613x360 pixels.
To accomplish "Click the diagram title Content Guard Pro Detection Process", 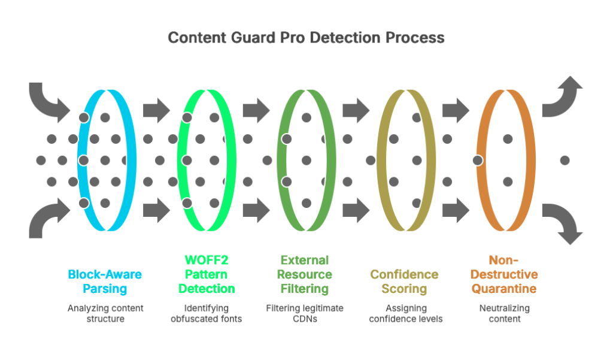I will coord(306,38).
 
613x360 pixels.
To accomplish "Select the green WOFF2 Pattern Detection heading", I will coord(206,274).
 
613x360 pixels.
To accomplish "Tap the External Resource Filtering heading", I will coord(305,274).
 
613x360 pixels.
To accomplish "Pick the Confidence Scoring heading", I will coord(405,282).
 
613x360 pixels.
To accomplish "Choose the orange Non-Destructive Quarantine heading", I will coord(505,274).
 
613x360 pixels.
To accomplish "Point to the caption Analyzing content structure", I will coord(106,313).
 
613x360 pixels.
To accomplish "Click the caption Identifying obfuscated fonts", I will coord(206,313).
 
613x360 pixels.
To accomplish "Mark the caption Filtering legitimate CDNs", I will coord(305,313).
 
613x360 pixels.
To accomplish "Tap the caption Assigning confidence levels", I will coord(405,313).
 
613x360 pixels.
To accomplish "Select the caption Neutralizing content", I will coord(505,313).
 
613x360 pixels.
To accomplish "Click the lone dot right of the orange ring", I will coord(564,161).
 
